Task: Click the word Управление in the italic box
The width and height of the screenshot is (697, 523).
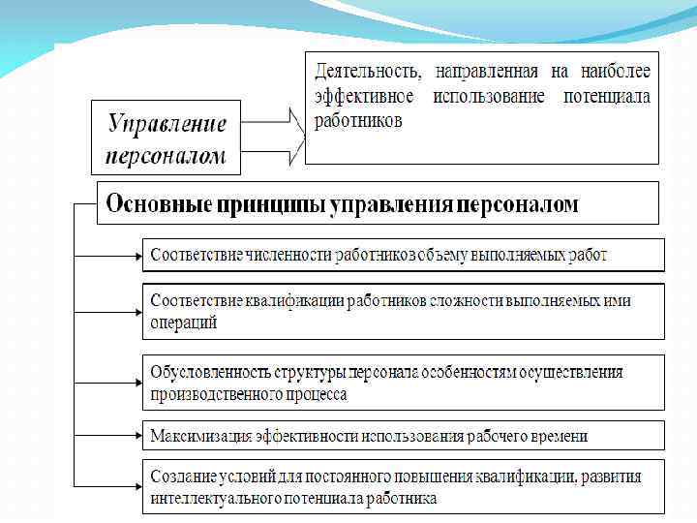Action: point(167,125)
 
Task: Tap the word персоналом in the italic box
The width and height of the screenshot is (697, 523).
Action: point(167,155)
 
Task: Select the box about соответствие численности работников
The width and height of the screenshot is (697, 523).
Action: point(404,255)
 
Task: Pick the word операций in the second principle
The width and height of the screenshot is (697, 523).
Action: point(184,323)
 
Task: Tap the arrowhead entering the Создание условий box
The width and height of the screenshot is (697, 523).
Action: point(137,486)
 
